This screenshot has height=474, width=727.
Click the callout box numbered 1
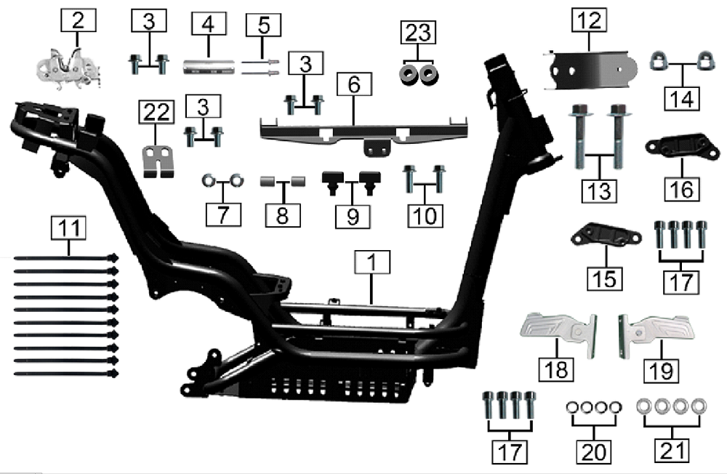(x=372, y=262)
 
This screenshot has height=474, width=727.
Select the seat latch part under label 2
(x=68, y=68)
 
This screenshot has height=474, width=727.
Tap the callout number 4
(x=209, y=24)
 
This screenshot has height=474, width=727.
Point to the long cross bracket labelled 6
(x=364, y=134)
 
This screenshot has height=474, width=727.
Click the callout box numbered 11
(x=68, y=228)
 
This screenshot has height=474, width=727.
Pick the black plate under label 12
(x=590, y=69)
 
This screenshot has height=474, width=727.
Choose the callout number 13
(x=599, y=191)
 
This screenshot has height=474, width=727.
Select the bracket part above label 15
(x=606, y=235)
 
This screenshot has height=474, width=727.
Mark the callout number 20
(x=594, y=451)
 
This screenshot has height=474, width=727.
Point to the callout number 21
(x=672, y=451)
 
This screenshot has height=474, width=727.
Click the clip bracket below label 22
(x=157, y=161)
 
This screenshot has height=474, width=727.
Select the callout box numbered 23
(x=418, y=33)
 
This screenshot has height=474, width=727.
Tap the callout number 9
(x=353, y=217)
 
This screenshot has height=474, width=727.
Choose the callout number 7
(x=223, y=214)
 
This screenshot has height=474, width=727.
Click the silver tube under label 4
(x=209, y=67)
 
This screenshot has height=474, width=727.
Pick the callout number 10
(x=425, y=216)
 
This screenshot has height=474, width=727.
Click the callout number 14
(x=682, y=100)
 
